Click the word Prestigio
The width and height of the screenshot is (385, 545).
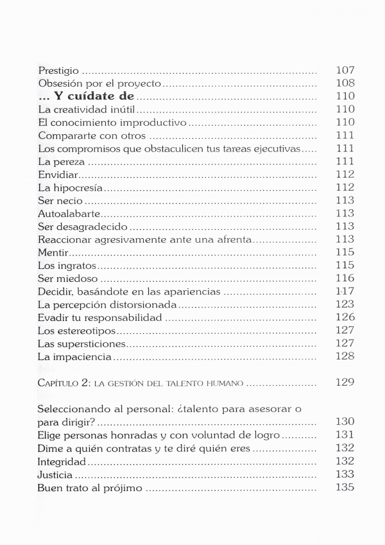click(x=59, y=70)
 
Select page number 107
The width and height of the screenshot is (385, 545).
click(x=345, y=70)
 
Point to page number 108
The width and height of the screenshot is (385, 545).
click(x=345, y=83)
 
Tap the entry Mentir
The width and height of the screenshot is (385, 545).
click(x=53, y=252)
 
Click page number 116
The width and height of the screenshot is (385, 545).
click(x=345, y=278)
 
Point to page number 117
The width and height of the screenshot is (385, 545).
click(x=345, y=291)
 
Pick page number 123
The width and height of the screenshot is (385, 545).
click(x=345, y=304)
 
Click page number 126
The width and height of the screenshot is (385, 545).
click(x=345, y=317)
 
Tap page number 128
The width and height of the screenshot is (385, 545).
click(x=345, y=356)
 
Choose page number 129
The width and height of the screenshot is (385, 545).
click(x=345, y=383)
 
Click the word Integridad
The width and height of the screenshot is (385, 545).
click(x=62, y=462)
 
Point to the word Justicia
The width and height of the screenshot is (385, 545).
click(x=55, y=475)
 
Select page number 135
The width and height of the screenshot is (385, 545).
click(x=345, y=488)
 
